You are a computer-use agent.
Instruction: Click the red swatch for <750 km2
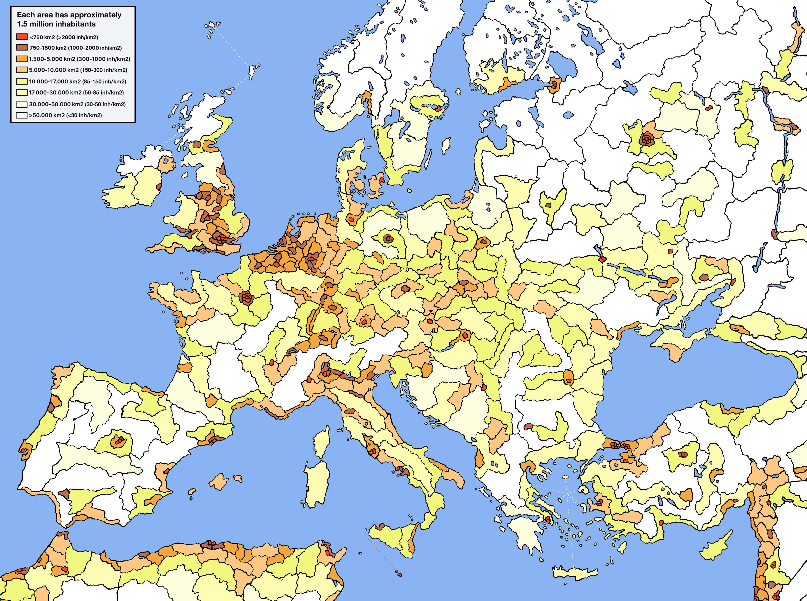click(x=22, y=37)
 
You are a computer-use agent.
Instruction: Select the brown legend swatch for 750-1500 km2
click(x=22, y=48)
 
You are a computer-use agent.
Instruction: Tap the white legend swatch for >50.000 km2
click(x=22, y=115)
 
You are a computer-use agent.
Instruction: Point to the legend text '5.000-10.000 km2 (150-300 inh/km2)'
click(x=78, y=70)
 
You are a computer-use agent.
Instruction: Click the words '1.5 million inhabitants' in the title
click(x=56, y=24)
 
